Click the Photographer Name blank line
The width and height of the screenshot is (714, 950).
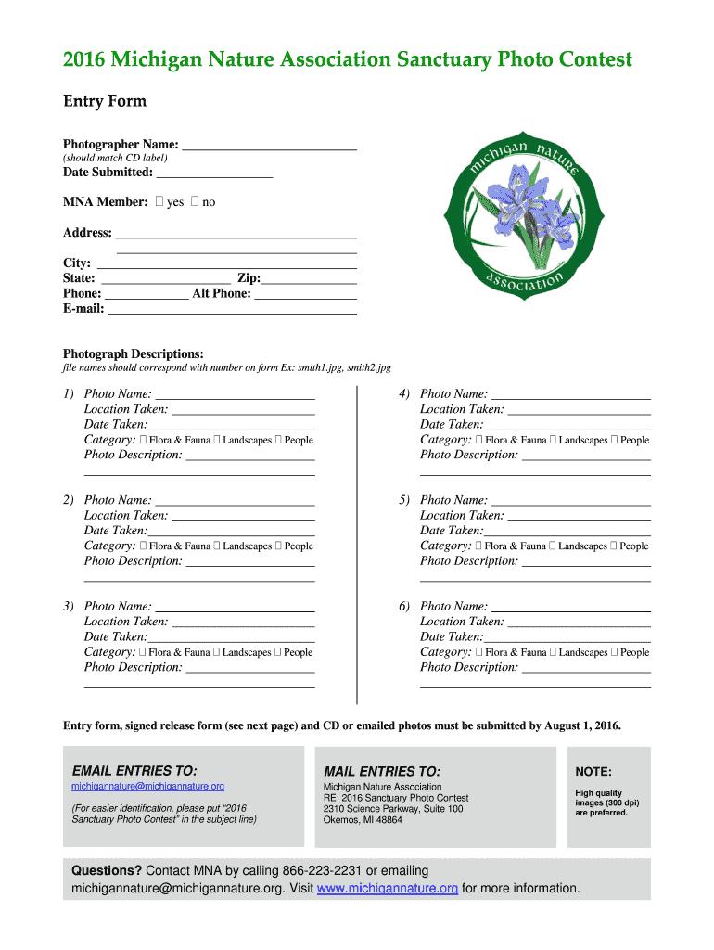(x=269, y=145)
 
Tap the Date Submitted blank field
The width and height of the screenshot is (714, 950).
(x=214, y=173)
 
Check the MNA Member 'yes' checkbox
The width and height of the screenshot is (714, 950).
(x=159, y=202)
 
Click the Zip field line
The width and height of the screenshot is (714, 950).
(x=309, y=278)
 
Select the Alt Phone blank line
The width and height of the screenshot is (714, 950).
(x=305, y=294)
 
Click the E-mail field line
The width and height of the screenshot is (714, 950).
(x=232, y=310)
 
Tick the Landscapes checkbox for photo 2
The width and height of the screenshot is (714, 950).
(x=217, y=546)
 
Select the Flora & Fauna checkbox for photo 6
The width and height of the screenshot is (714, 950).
(x=479, y=652)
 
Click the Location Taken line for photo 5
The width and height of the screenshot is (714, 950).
(x=579, y=516)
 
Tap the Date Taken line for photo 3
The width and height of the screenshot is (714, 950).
(x=231, y=637)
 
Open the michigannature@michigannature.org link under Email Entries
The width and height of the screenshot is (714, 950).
(x=147, y=787)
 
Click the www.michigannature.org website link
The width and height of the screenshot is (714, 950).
(x=388, y=889)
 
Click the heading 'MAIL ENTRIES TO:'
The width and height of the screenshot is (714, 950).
(x=381, y=772)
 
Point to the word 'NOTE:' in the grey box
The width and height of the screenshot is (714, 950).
(x=593, y=772)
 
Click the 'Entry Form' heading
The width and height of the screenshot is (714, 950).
(x=104, y=101)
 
